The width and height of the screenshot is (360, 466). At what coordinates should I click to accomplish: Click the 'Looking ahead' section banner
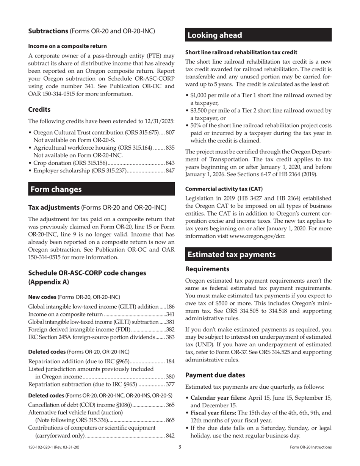click(214, 35)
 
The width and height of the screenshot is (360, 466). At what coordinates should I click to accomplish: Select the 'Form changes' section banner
click(56, 189)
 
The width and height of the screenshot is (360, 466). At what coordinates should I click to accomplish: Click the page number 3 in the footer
click(180, 447)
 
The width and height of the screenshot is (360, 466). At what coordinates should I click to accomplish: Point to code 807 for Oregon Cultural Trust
click(170, 133)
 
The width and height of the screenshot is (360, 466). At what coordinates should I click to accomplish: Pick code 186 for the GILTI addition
click(171, 306)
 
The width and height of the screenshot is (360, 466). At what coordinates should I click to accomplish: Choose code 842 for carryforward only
click(170, 436)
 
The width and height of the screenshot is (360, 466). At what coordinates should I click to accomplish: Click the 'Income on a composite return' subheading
click(67, 46)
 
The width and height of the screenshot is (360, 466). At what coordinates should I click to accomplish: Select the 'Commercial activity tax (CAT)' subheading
click(224, 189)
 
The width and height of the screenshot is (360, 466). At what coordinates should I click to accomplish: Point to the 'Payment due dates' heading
click(215, 375)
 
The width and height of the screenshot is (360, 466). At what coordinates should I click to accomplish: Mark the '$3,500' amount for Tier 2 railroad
click(198, 111)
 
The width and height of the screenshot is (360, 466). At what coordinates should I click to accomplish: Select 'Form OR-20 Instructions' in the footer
click(310, 447)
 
